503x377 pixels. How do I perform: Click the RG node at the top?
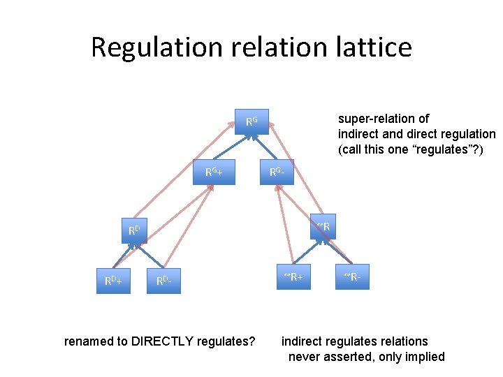(x=251, y=123)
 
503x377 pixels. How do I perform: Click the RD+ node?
(x=114, y=281)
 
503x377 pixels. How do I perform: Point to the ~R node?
(x=323, y=226)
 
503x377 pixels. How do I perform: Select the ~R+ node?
(x=293, y=276)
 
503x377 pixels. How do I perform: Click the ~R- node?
(x=351, y=276)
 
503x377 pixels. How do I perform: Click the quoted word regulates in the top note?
(x=437, y=149)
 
